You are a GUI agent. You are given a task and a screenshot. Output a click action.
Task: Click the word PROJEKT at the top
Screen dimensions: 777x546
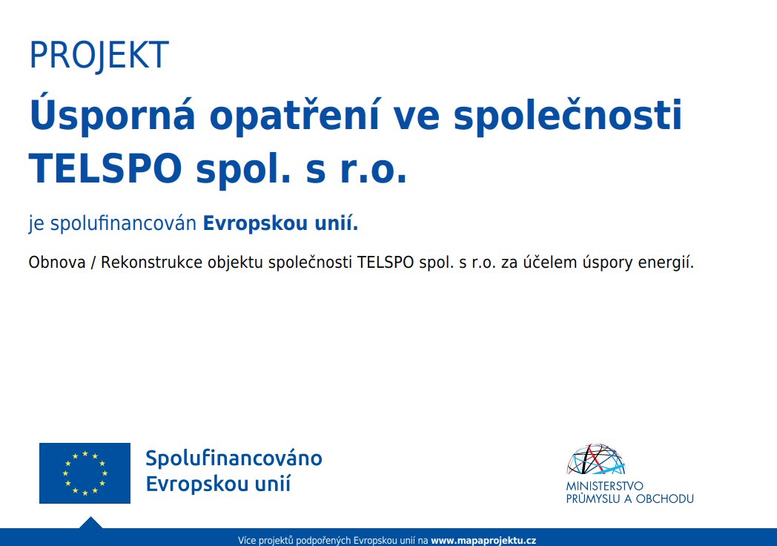[x=99, y=55]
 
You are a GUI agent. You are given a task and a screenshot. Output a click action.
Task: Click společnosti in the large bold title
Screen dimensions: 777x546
[x=568, y=115]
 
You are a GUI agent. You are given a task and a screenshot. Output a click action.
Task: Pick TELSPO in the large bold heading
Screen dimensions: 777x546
[x=105, y=168]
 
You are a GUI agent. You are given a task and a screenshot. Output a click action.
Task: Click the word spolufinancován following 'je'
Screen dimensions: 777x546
[x=123, y=223]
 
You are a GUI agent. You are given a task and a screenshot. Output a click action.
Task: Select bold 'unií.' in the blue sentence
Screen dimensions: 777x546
[x=337, y=223]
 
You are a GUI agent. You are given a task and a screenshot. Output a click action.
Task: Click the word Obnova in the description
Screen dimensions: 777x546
[x=57, y=262]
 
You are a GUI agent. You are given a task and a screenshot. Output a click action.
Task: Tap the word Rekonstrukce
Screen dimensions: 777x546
[x=152, y=262]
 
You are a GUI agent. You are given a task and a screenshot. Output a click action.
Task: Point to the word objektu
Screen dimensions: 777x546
[x=235, y=263]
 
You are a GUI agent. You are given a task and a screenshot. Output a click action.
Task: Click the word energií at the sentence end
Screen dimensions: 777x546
[x=666, y=263]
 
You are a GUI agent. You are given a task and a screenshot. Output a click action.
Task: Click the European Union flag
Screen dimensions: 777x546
[x=85, y=473]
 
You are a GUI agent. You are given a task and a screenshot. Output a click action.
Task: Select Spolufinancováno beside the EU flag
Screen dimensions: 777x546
[x=234, y=458]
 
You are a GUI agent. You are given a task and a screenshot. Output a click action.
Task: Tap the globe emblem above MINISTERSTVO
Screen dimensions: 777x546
[x=596, y=459]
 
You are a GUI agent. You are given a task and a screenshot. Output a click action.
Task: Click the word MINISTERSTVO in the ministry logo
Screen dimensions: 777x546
[x=604, y=486]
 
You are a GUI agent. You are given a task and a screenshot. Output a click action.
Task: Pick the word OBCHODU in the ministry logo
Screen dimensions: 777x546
[x=664, y=499]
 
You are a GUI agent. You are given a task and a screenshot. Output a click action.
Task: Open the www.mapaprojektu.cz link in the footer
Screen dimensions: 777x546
[x=483, y=540]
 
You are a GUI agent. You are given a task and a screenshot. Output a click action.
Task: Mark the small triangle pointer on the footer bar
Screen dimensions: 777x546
[x=90, y=523]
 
